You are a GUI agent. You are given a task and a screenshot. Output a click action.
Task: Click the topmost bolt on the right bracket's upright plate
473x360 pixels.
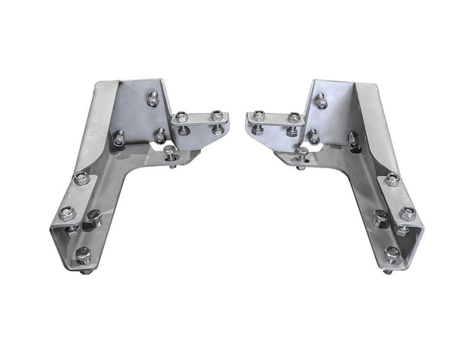coord(321,101)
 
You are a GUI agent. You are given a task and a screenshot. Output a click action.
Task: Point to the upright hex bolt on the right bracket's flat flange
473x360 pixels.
coord(302,155)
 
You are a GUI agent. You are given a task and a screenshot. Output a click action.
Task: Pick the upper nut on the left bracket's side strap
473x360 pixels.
coord(81,177)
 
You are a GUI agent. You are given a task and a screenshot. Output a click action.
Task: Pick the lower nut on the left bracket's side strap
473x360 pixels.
coord(67,212)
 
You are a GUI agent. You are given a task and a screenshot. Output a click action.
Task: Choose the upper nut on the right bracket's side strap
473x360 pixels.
coord(391,179)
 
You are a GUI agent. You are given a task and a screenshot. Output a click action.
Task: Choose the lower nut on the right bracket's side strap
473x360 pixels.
coord(406,213)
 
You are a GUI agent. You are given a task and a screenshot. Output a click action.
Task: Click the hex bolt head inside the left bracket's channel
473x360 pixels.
coord(94,218)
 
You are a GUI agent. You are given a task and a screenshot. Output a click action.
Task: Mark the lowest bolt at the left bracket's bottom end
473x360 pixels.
coord(83,255)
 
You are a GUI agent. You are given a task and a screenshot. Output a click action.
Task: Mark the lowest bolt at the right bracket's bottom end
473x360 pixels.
coord(391,254)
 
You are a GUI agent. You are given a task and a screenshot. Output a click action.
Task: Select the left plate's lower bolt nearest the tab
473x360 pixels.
coord(160,136)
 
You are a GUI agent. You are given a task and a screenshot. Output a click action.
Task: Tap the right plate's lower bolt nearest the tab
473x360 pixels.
coord(314,137)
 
